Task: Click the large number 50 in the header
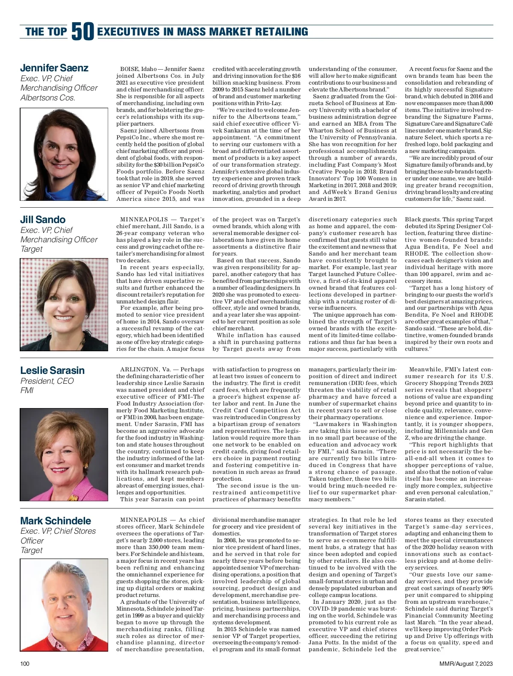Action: pos(83,32)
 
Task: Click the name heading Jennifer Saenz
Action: pos(54,68)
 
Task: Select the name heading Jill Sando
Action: pos(43,220)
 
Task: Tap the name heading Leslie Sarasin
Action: pos(53,370)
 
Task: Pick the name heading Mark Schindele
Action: pos(56,521)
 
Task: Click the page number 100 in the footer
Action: pos(25,664)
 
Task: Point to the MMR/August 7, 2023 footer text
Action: pos(466,664)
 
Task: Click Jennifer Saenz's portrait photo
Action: pos(64,154)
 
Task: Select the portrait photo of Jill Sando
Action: pos(64,305)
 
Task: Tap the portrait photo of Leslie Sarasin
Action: pos(64,455)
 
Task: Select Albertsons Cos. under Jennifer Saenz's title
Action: pos(48,98)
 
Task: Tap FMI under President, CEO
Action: pos(27,391)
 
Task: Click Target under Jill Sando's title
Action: pos(32,249)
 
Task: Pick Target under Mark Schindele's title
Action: pos(32,550)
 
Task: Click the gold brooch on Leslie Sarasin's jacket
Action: pos(74,497)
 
